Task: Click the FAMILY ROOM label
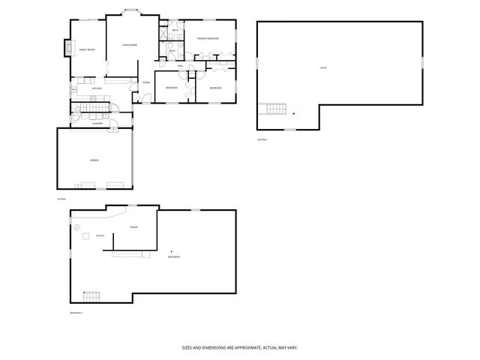click(87, 50)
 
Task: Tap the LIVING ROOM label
click(130, 46)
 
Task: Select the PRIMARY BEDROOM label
click(208, 38)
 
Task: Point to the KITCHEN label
click(97, 88)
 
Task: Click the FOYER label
click(147, 82)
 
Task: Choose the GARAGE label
click(95, 160)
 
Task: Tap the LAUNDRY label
click(97, 124)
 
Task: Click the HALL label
click(181, 66)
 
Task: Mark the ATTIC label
click(323, 68)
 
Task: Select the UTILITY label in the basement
click(100, 236)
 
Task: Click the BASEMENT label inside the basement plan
click(174, 257)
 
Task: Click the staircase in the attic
click(275, 112)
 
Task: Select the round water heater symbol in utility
click(76, 226)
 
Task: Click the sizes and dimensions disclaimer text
click(240, 348)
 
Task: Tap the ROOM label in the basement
click(133, 227)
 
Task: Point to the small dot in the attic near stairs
click(294, 114)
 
